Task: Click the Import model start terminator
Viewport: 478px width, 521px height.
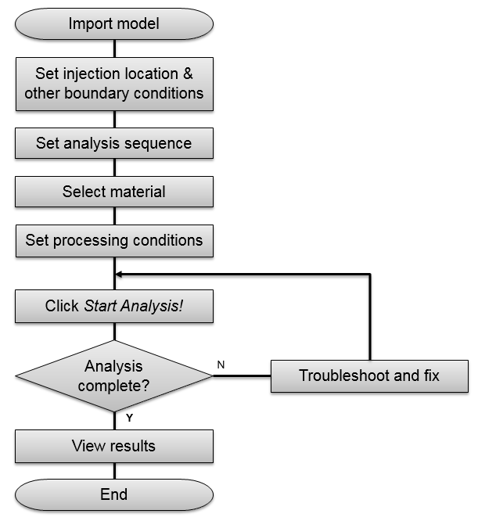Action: [114, 23]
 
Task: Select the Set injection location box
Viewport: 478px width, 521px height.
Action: [114, 84]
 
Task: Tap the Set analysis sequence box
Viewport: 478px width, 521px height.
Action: [114, 143]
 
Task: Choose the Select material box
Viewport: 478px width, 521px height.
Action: [114, 192]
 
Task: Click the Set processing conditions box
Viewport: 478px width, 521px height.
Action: [114, 240]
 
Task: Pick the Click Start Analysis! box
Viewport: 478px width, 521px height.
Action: [114, 307]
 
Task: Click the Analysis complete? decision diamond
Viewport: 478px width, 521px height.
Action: [114, 375]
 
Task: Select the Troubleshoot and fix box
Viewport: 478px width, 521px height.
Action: [369, 375]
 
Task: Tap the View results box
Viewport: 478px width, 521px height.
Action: [114, 447]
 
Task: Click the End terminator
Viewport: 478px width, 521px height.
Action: [114, 494]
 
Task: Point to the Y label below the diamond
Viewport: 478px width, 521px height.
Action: [129, 418]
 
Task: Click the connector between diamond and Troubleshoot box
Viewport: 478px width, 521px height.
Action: [242, 375]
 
